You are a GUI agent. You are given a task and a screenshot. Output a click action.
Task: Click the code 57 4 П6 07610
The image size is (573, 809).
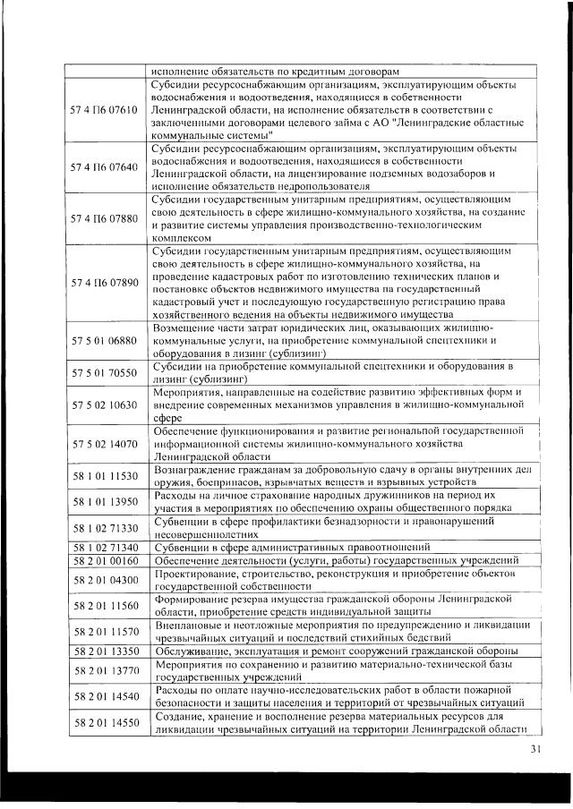[x=103, y=109]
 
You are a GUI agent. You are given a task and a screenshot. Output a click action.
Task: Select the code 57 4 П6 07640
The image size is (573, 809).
[x=103, y=166]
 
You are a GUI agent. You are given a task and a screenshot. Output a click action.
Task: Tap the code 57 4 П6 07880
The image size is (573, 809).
[x=103, y=217]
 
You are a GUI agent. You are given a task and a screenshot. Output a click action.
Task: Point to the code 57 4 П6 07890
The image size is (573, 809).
[x=103, y=283]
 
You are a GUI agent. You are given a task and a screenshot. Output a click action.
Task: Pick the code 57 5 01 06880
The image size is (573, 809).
[x=103, y=340]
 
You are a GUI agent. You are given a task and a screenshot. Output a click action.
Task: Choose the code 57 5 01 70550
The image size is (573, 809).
[x=103, y=372]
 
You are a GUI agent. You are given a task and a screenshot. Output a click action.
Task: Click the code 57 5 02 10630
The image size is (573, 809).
[x=103, y=404]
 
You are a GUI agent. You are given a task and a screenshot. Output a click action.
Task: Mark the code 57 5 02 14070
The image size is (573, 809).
[x=103, y=443]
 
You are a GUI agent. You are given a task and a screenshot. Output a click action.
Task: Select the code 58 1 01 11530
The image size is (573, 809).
[x=103, y=475]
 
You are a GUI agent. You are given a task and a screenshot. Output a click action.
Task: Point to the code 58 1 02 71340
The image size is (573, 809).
[x=103, y=547]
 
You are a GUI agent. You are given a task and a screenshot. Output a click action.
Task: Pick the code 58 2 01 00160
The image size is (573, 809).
[x=103, y=560]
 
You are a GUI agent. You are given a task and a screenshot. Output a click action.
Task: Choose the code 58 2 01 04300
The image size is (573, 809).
[x=103, y=579]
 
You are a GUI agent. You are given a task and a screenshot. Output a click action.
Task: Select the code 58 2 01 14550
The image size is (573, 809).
[x=103, y=721]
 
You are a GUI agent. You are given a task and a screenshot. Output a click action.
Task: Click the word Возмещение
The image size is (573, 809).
[x=189, y=328]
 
